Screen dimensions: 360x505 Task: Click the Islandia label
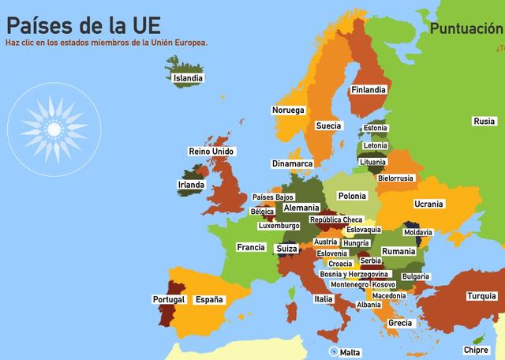tap(188, 78)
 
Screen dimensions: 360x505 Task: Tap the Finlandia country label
tap(368, 90)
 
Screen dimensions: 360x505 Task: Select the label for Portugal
tap(169, 300)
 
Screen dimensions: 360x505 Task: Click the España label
tap(209, 300)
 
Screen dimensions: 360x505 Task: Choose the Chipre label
tap(476, 350)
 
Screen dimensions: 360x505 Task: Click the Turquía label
tap(481, 297)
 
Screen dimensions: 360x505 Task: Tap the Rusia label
tap(484, 122)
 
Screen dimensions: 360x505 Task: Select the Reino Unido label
tap(211, 151)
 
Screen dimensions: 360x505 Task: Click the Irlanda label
tap(192, 185)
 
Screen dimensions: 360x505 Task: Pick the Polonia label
tap(351, 196)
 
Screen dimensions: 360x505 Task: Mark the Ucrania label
tap(428, 204)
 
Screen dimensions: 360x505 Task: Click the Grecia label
tap(400, 323)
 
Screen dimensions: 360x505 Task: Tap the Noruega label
tap(288, 110)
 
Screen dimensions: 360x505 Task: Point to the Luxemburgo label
tap(279, 226)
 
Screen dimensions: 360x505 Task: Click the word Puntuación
tap(466, 29)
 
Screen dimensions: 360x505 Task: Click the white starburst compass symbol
tap(54, 128)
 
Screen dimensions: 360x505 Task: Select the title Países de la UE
tap(88, 21)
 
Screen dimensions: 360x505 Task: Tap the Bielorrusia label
tap(395, 178)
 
